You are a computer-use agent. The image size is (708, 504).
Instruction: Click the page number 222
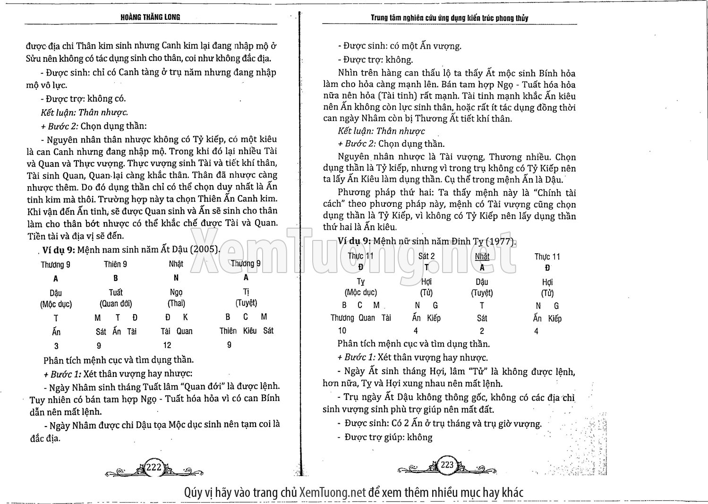pos(154,467)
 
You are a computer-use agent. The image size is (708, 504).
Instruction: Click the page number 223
pos(447,464)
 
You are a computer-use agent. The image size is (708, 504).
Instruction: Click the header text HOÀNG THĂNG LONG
pos(151,17)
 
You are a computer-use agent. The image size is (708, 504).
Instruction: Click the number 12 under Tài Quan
pos(167,345)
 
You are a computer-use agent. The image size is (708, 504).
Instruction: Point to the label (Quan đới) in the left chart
pos(116,304)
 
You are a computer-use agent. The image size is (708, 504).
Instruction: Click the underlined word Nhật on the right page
pos(482,256)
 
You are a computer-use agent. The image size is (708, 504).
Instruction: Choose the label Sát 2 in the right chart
pos(426,256)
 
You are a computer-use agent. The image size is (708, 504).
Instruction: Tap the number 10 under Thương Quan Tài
pos(342,331)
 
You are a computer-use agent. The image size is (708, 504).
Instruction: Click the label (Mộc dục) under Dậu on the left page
pos(56,304)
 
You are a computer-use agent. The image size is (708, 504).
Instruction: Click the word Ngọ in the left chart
pos(176,292)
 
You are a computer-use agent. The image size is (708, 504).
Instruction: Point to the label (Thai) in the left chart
pos(176,303)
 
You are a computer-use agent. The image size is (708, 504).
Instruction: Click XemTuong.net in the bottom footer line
pos(333,492)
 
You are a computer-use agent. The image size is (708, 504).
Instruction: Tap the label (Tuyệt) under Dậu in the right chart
pos(482,293)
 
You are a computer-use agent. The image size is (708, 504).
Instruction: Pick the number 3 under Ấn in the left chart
pos(56,346)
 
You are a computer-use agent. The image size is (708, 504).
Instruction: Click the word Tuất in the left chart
pos(116,292)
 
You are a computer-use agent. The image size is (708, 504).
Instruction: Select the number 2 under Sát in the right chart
pos(482,331)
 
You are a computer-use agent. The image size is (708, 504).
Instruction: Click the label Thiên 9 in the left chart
pos(115,264)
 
